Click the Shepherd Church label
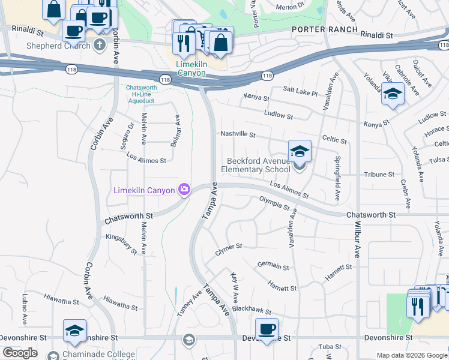(57, 46)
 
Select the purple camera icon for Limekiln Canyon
(184, 190)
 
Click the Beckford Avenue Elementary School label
(259, 165)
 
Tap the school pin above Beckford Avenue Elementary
(300, 151)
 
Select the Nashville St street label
(238, 134)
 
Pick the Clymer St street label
(229, 247)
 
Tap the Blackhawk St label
(252, 312)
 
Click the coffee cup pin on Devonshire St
(267, 329)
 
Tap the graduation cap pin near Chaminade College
(74, 331)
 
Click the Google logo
(20, 353)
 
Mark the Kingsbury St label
(122, 240)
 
